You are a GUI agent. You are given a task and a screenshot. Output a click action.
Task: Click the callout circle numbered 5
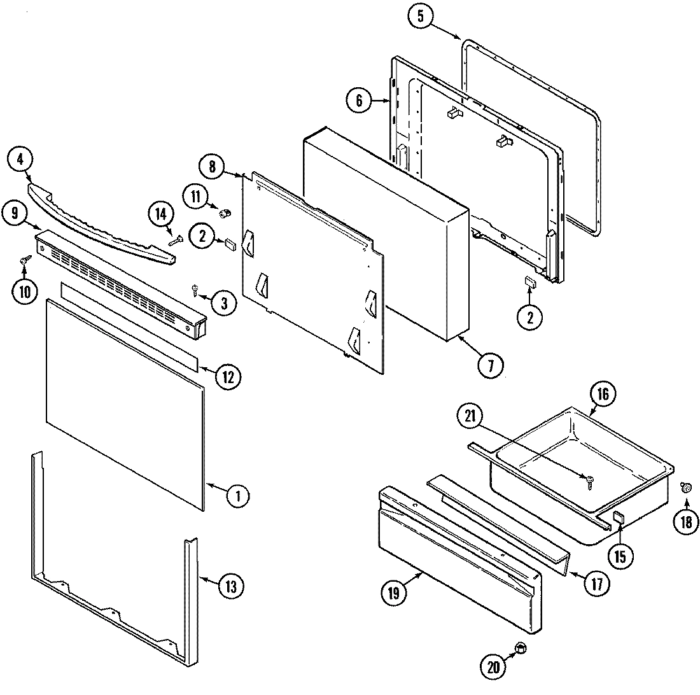coord(421,17)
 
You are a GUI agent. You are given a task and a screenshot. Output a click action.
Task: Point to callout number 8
coord(212,168)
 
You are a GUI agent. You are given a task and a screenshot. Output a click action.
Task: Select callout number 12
coord(227,377)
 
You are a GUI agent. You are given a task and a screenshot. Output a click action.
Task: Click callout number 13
coord(230,585)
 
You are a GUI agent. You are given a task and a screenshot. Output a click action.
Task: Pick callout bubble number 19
coord(394,594)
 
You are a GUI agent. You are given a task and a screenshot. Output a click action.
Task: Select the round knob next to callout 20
coord(521,648)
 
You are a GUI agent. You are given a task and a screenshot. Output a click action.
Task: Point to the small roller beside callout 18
coord(686,488)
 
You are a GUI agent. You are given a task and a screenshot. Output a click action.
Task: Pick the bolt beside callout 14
coord(175,239)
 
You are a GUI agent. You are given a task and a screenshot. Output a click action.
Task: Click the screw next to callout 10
coord(26,260)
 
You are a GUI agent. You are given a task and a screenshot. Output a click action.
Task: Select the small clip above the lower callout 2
coord(529,281)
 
